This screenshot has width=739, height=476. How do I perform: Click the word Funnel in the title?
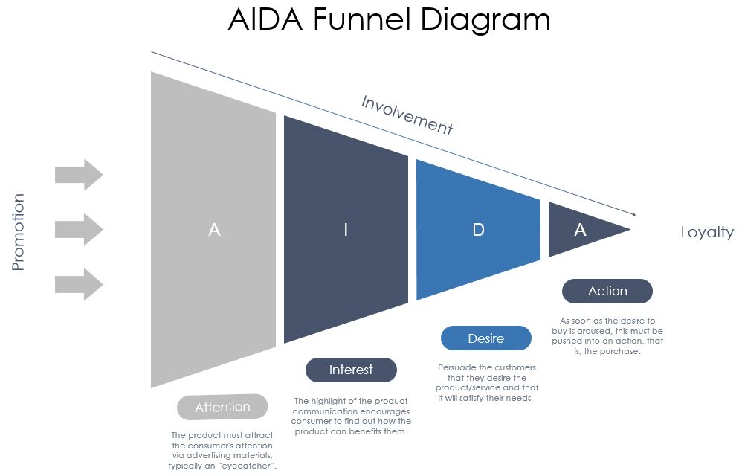[362, 19]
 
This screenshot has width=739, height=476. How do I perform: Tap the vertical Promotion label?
[18, 232]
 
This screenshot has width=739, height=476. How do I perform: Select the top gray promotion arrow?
[79, 174]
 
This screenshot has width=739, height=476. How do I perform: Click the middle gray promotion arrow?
[79, 229]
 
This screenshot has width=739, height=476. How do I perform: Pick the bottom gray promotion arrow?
[79, 284]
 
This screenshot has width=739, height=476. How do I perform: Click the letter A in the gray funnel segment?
[214, 230]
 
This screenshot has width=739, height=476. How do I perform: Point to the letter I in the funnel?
[346, 230]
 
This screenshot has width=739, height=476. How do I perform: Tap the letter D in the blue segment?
[478, 230]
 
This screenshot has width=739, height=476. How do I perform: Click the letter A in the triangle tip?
[580, 230]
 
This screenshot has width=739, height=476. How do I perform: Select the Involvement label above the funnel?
[407, 115]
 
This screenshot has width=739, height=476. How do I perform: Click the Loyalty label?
[707, 232]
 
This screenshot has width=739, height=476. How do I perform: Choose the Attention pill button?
[222, 407]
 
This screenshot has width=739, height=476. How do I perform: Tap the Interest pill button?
[351, 370]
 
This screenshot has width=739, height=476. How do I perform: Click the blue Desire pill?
[486, 338]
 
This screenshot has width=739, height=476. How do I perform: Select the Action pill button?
[607, 291]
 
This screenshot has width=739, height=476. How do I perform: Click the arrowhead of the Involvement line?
[634, 214]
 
